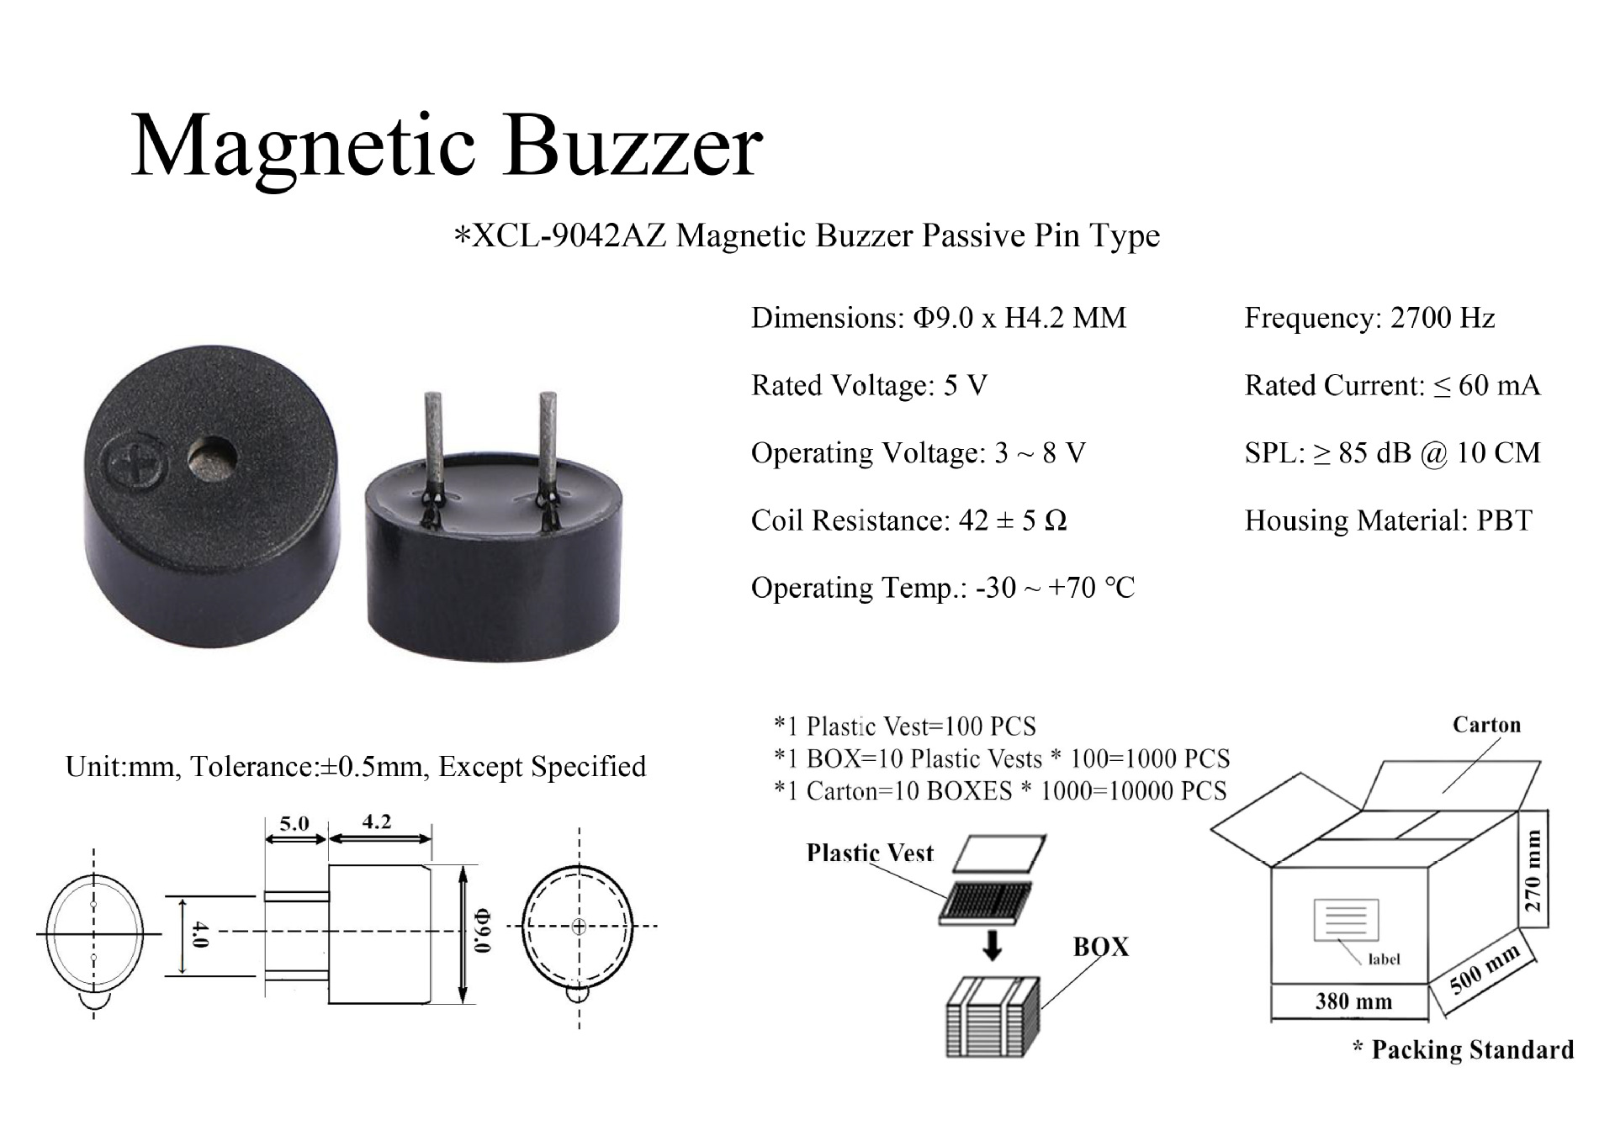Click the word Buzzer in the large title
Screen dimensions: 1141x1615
coord(633,146)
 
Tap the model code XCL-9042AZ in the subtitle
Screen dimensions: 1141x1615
coord(569,235)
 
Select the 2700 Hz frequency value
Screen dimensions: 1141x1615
coord(1443,318)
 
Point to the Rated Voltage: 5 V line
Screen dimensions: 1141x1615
coord(868,385)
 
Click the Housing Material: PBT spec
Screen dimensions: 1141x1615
coord(1388,520)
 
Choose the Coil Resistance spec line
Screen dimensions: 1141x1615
coord(908,520)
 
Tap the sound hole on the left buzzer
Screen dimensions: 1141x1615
coord(214,459)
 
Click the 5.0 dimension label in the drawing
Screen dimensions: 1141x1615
coord(294,823)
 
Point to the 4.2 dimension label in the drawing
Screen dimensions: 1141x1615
coord(377,821)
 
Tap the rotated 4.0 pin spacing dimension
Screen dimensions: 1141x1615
coord(199,934)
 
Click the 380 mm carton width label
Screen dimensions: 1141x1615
coord(1353,1001)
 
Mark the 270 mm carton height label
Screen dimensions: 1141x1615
coord(1533,871)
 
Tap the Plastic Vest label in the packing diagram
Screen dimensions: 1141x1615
coord(870,853)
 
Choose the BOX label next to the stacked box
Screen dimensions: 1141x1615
coord(1100,948)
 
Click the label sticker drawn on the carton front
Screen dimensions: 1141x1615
coord(1346,920)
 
